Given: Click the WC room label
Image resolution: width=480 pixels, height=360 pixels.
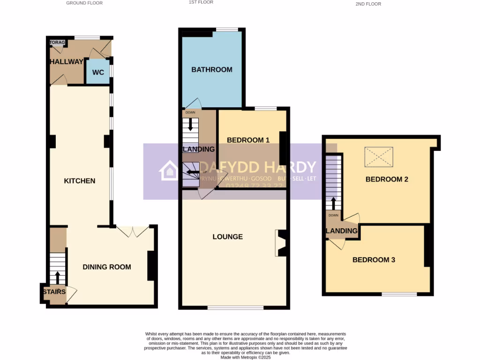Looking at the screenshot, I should coord(98,73).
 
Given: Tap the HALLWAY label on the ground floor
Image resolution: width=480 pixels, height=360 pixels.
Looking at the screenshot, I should coord(66,61).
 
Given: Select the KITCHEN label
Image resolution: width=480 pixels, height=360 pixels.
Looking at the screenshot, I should coord(80,181).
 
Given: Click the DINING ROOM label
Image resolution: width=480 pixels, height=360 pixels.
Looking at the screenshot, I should coord(107,267).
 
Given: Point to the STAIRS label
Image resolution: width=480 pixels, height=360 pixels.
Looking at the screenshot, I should coord(54,292).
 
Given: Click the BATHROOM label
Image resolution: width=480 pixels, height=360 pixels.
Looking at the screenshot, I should coord(211,69).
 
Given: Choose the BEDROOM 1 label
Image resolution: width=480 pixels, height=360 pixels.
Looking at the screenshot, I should coord(248,140).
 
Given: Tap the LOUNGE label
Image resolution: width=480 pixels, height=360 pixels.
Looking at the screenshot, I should coord(228,237).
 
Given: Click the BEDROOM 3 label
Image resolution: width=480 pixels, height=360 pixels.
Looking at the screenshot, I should coord(374,260).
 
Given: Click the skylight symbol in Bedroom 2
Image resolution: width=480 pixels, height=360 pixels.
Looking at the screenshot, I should coord(379,156).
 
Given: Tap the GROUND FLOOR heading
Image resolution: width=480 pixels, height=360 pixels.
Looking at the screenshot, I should coord(84,3).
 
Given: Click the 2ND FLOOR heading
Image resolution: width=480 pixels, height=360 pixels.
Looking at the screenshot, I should coord(368,4).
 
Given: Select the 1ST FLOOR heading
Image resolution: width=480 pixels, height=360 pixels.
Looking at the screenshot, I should coord(200,2).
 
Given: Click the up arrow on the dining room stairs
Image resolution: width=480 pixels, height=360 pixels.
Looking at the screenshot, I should coord(58,277).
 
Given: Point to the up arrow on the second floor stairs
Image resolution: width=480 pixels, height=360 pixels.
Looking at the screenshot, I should coord(333,203).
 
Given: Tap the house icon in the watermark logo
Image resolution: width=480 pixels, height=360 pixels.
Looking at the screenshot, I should coord(169,171).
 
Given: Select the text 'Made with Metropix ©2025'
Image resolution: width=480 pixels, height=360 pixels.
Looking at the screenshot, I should coord(246,357).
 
